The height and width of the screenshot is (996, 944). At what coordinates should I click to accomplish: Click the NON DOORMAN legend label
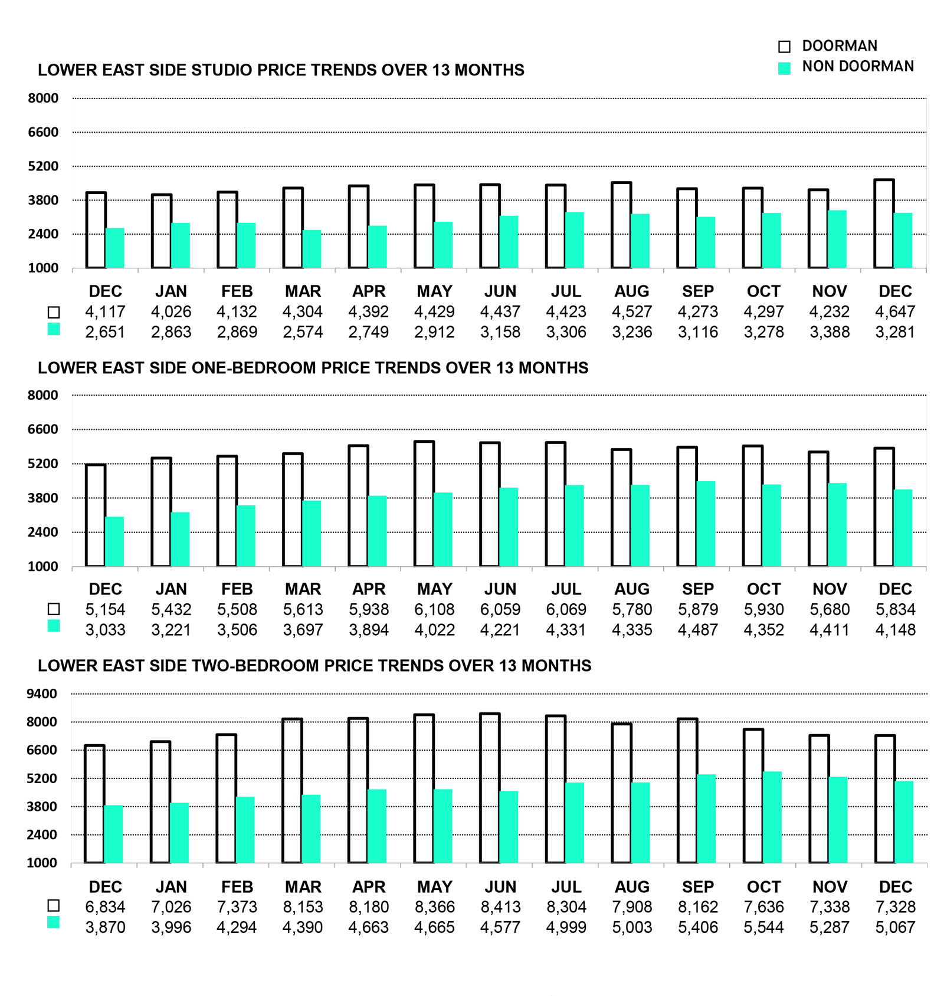pos(857,67)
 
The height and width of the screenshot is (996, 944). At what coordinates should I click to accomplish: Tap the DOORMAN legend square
pos(784,47)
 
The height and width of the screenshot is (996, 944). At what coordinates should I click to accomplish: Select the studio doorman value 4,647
pos(895,311)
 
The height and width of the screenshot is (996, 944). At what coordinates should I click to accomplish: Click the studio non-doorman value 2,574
pos(303,332)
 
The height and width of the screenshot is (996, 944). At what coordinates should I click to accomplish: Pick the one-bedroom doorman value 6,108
pos(434,609)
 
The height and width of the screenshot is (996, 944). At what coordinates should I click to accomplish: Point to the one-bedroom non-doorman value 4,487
pos(697,630)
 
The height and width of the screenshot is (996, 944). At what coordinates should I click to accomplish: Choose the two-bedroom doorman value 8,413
pos(500,907)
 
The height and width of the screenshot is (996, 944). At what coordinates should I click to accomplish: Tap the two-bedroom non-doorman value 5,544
pos(763,928)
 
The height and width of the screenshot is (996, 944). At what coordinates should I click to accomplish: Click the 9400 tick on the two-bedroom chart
pos(42,693)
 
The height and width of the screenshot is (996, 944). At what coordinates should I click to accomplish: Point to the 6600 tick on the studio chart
pos(43,132)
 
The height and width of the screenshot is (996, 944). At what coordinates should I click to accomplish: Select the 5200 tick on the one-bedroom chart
pos(43,464)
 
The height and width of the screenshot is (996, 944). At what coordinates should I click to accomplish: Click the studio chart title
pos(281,70)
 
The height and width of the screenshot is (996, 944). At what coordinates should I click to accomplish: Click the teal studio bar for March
pos(312,249)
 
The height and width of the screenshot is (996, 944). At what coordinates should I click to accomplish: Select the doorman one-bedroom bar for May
pos(424,504)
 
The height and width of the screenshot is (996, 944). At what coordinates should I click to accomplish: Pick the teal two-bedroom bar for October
pos(772,817)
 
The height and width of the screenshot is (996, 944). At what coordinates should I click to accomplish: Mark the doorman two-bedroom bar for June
pos(490,788)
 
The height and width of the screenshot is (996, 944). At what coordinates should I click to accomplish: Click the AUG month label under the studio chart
pos(631,291)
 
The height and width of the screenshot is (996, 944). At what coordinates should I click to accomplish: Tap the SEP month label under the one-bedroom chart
pos(697,589)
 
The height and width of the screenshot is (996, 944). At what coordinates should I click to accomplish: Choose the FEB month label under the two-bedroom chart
pos(237,887)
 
